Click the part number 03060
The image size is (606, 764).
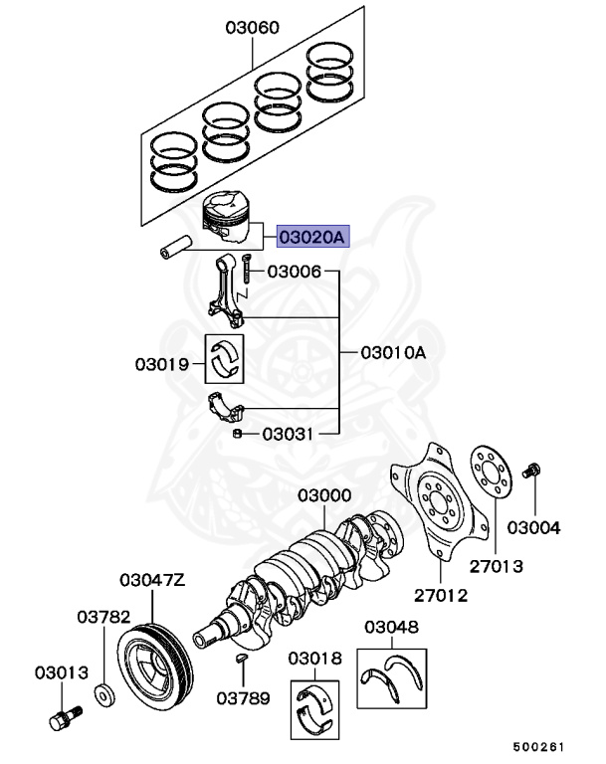[251, 29]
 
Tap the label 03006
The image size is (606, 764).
[294, 271]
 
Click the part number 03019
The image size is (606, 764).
[163, 364]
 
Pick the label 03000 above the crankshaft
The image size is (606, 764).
[323, 495]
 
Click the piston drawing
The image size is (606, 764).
[228, 218]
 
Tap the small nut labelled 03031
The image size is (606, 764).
[239, 434]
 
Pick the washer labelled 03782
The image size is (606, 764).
[103, 692]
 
